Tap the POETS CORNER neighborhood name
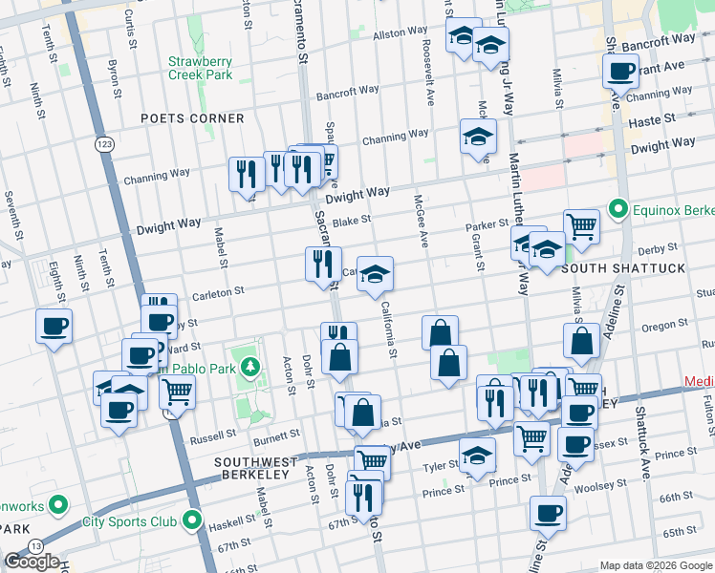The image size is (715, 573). (191, 118)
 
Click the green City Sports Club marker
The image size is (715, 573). (192, 521)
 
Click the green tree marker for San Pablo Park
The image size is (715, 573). (249, 366)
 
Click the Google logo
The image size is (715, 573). (32, 562)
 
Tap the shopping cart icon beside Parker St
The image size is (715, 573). (581, 226)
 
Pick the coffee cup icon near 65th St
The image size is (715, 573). (549, 512)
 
